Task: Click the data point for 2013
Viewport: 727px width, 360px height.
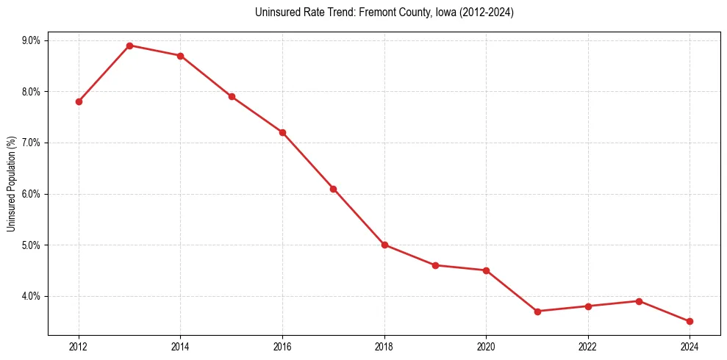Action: (129, 46)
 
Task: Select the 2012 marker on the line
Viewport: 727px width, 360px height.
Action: (79, 101)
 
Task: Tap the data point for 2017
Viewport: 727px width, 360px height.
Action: (333, 189)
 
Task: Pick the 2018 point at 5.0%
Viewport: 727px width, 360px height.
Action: (384, 245)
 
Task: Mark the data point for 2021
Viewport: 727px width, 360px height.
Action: (537, 312)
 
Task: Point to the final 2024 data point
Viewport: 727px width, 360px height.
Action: (690, 321)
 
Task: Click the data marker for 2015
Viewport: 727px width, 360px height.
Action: (232, 96)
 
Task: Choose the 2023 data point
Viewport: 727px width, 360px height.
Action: (639, 301)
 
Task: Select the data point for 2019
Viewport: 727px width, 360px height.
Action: (435, 265)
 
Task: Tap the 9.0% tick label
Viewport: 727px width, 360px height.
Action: (30, 40)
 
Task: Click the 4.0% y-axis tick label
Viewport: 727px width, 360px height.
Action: (30, 296)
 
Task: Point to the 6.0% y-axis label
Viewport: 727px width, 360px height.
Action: (30, 194)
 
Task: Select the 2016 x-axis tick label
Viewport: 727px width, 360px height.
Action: (282, 346)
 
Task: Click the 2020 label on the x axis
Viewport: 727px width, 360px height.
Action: (486, 346)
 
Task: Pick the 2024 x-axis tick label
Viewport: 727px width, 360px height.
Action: (690, 346)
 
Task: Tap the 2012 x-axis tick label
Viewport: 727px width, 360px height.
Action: (79, 346)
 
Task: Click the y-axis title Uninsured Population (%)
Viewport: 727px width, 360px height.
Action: (11, 184)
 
